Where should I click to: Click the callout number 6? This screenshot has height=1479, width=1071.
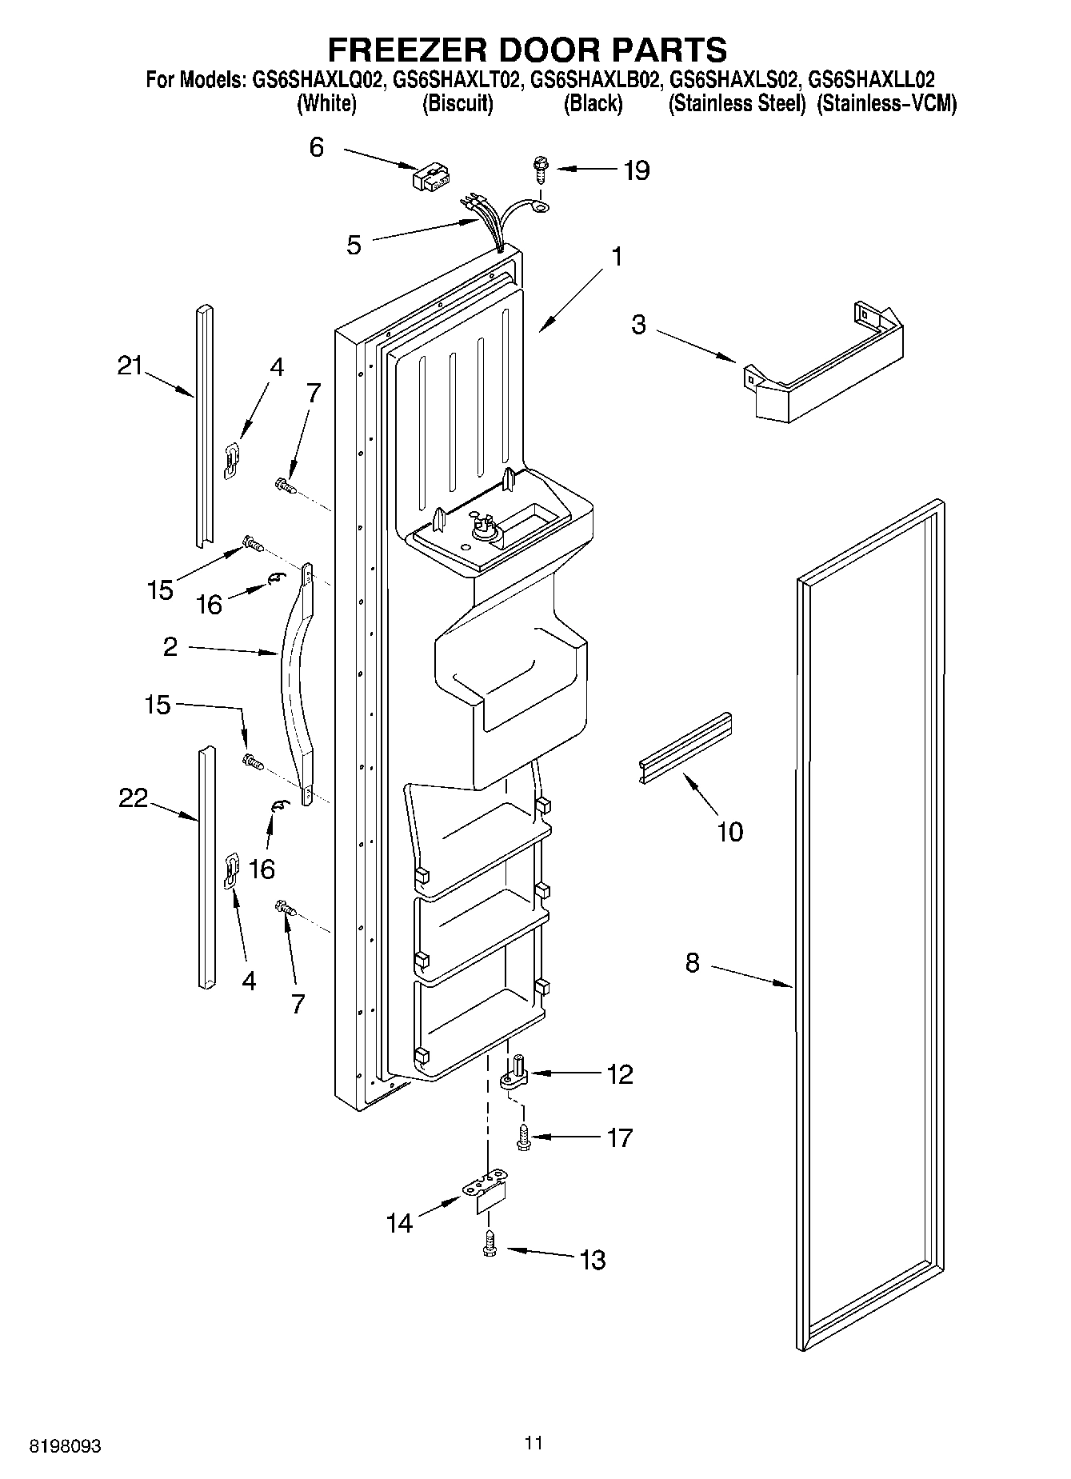[x=317, y=147]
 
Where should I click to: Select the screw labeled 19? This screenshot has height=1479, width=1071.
[x=540, y=170]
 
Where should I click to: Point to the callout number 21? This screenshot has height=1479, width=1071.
[x=129, y=366]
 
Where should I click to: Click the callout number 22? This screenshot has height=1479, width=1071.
[x=133, y=797]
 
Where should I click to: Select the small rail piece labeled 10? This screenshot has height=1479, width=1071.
[x=685, y=748]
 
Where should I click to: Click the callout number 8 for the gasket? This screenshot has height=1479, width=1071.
[x=692, y=963]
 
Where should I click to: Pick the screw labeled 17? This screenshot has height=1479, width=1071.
[x=523, y=1137]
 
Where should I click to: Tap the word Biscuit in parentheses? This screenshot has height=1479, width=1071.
[x=458, y=104]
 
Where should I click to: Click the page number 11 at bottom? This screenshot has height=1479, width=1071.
[x=534, y=1443]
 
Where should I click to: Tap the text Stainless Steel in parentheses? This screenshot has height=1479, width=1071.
[x=736, y=104]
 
